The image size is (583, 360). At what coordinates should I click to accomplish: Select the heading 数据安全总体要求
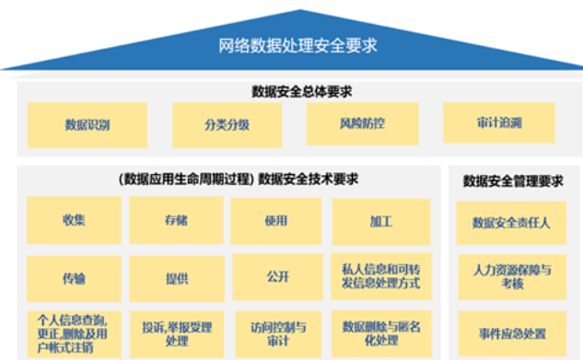pos(301,92)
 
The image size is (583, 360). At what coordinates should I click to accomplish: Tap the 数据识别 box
pos(87,124)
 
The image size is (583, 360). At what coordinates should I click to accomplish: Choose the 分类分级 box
pos(227,124)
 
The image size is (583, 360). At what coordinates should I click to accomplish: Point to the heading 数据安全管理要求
pos(513,181)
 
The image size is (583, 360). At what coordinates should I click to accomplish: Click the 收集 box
pos(74,221)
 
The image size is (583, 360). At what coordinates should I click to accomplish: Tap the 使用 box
pos(275,221)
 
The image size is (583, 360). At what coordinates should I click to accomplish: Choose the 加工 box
pos(380,222)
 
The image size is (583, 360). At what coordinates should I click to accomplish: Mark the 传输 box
pos(74,275)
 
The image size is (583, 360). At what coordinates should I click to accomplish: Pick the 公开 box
pos(275,275)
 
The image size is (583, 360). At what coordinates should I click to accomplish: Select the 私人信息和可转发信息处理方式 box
pos(380,275)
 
